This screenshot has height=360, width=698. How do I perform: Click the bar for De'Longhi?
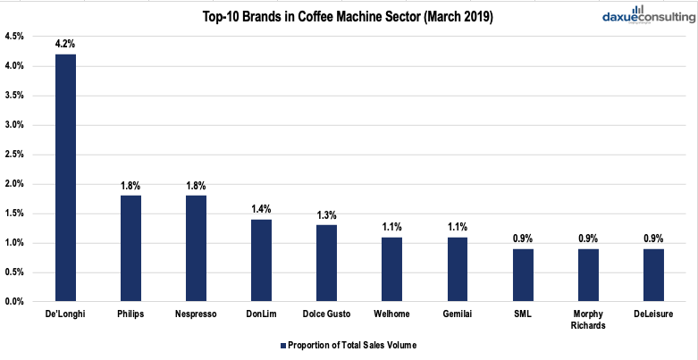(x=65, y=178)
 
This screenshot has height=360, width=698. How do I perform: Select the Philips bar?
(x=130, y=248)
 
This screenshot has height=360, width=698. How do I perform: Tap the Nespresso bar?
(x=196, y=248)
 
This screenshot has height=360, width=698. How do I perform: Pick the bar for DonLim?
(x=261, y=260)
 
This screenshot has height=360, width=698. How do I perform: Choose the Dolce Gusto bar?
(x=326, y=264)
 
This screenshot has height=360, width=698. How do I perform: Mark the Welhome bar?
(x=391, y=269)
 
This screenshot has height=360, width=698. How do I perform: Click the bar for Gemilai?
(x=457, y=269)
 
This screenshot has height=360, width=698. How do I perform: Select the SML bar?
(x=522, y=275)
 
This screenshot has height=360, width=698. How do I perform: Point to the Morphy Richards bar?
(x=587, y=275)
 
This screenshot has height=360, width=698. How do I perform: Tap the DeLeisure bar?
(x=652, y=275)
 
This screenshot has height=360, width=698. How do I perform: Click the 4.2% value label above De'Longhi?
(x=65, y=42)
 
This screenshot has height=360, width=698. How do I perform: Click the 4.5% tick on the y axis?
(x=15, y=37)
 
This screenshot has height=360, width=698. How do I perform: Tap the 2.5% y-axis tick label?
(x=15, y=155)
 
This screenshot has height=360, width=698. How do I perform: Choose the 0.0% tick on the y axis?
(x=15, y=302)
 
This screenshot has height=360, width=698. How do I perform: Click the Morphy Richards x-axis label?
(x=587, y=319)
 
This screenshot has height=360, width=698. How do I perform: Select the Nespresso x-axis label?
(x=196, y=314)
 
